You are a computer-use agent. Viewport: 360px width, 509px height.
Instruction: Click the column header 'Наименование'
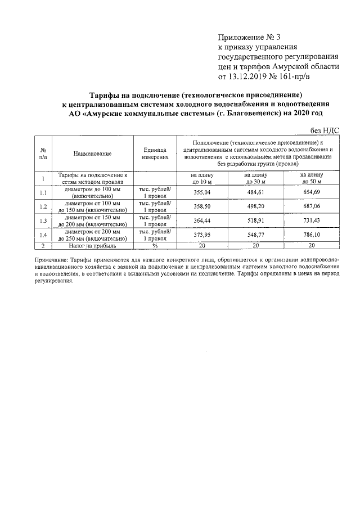point(92,154)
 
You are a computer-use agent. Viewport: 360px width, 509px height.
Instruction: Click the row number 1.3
point(43,220)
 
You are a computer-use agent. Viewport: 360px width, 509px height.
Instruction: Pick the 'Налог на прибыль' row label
point(92,246)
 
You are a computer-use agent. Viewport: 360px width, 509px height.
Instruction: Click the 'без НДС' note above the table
point(325,130)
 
